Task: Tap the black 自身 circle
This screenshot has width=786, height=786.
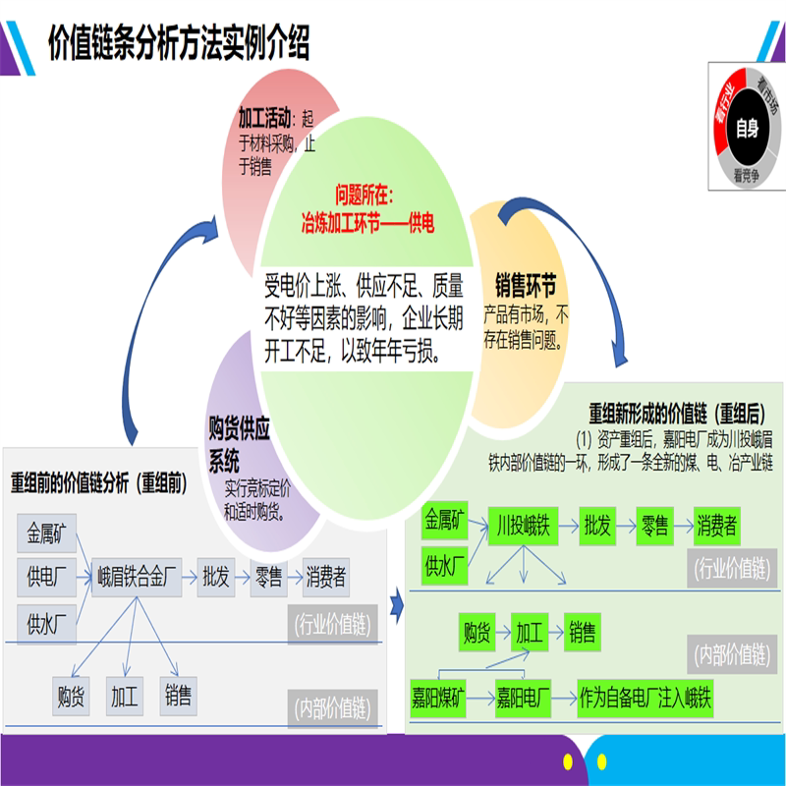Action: point(746,128)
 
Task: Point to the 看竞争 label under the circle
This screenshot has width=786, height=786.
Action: point(746,178)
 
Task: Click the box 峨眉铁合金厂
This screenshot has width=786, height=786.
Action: point(138,578)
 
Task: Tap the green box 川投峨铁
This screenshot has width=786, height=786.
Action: point(524,526)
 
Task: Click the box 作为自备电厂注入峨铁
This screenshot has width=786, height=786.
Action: point(645,701)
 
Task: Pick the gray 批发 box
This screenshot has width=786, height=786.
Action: point(215,578)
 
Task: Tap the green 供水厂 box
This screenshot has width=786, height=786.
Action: point(445,566)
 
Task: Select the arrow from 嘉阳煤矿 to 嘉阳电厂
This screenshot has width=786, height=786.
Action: point(479,701)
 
